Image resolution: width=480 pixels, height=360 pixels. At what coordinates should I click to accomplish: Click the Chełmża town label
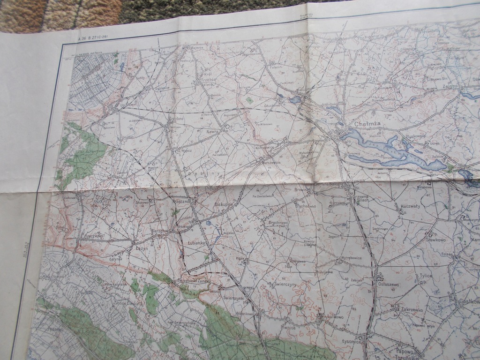[x=367, y=124]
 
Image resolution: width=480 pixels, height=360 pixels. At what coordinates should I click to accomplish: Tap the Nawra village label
[x=212, y=132]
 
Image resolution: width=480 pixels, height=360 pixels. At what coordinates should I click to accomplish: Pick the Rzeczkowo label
[x=93, y=236]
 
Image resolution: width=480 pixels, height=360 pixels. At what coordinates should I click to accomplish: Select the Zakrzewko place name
[x=412, y=310]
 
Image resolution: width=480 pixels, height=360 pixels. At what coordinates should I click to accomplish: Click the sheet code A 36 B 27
[x=91, y=37]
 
